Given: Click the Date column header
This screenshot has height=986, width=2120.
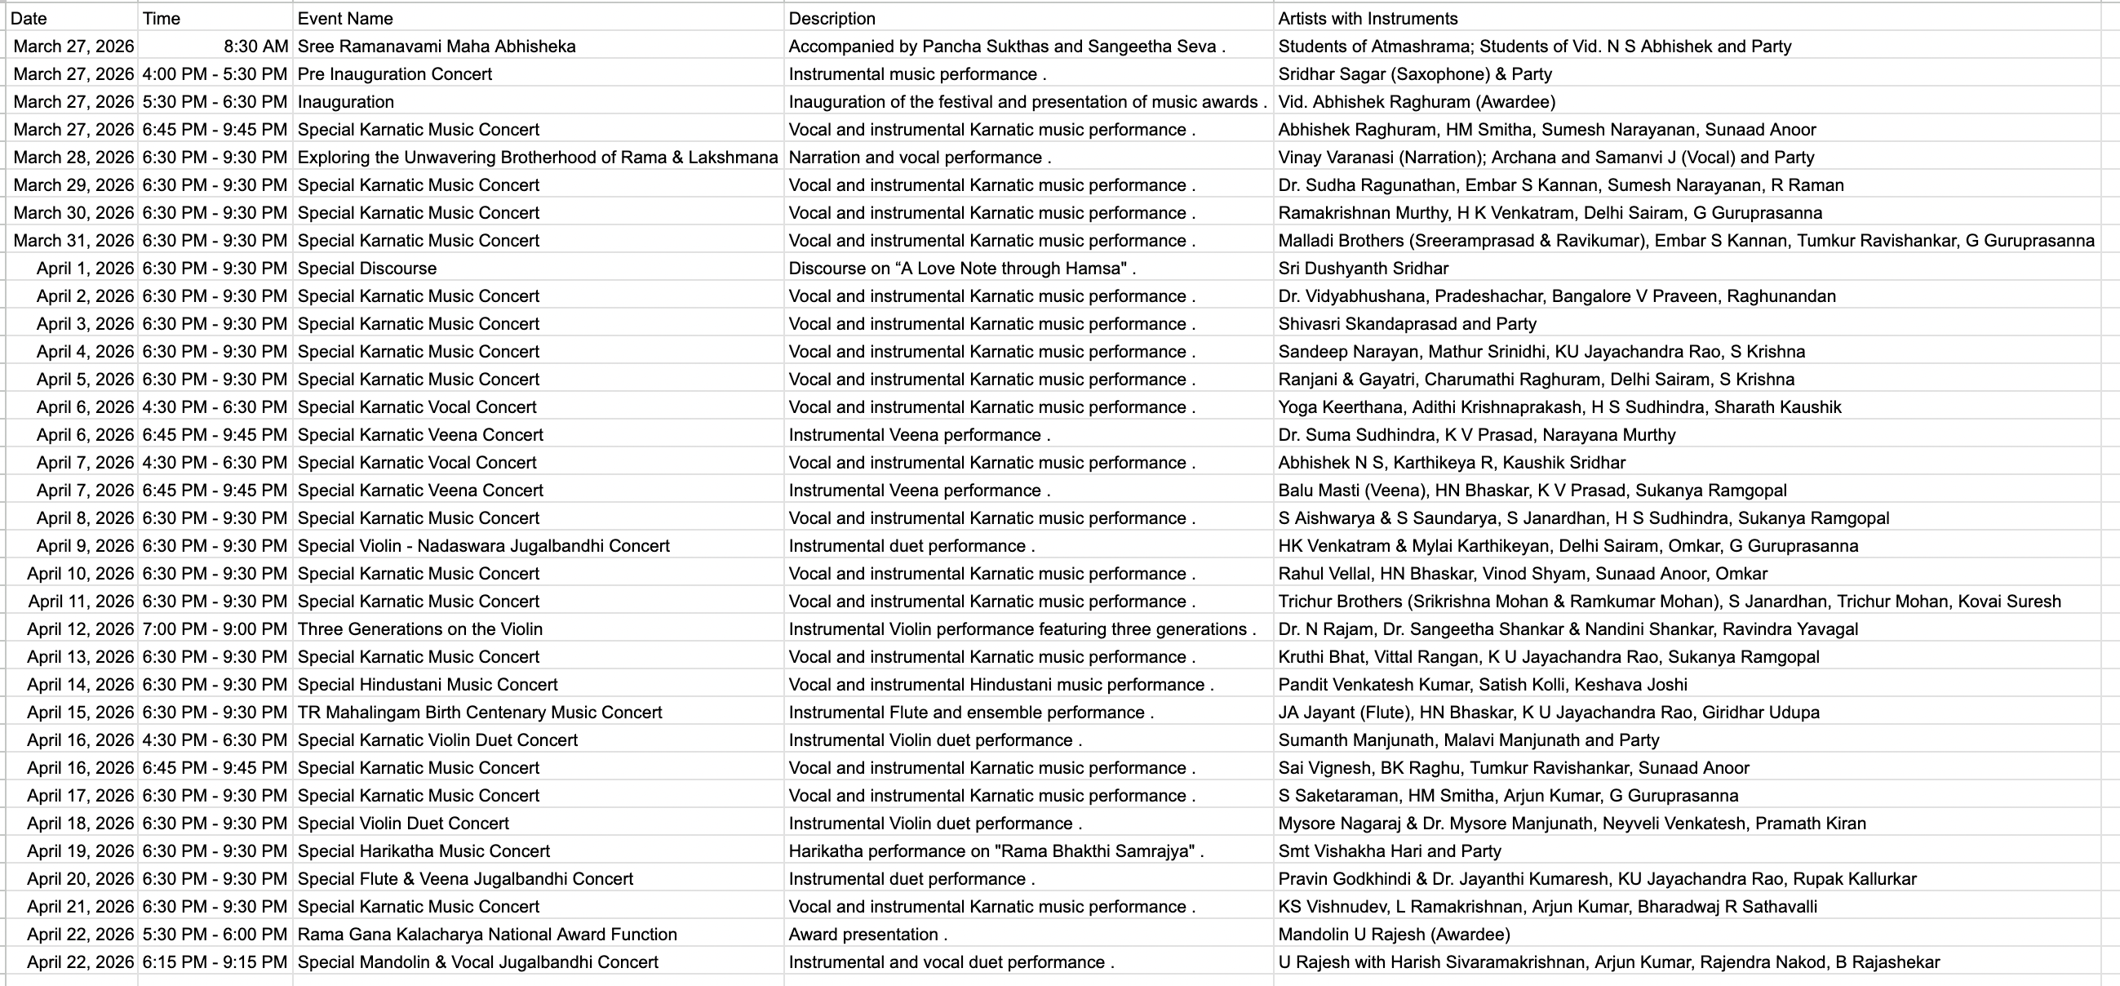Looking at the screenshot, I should click(x=29, y=18).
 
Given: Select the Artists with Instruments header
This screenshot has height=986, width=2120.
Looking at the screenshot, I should click(x=1368, y=18).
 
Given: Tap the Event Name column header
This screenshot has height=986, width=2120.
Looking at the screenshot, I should click(x=345, y=18).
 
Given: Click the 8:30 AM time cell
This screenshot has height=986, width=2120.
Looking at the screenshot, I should click(x=256, y=46).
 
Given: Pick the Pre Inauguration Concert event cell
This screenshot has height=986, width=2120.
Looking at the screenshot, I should click(x=394, y=74).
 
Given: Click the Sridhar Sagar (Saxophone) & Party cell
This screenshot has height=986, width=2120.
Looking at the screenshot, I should click(x=1415, y=74).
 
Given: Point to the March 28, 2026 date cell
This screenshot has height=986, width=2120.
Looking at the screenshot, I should click(x=73, y=158).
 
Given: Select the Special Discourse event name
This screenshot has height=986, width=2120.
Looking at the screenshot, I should click(x=367, y=269).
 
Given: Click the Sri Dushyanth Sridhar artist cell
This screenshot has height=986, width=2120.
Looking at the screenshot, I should click(x=1363, y=269).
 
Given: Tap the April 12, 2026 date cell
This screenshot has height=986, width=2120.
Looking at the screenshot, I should click(x=80, y=628).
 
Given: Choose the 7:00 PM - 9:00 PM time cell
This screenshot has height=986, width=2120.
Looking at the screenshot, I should click(x=215, y=628).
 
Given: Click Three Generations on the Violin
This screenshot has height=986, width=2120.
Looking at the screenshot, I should click(x=419, y=628).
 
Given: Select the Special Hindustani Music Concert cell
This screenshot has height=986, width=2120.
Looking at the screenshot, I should click(x=427, y=685).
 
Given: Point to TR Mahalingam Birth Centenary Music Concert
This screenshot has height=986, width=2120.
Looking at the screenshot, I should click(x=480, y=712).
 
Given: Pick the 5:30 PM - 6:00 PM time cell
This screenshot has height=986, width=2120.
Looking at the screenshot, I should click(x=215, y=934).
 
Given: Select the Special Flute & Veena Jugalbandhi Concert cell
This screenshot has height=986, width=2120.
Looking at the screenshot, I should click(x=465, y=879).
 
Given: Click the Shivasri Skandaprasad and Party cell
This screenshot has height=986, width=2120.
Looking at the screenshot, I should click(x=1408, y=323).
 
